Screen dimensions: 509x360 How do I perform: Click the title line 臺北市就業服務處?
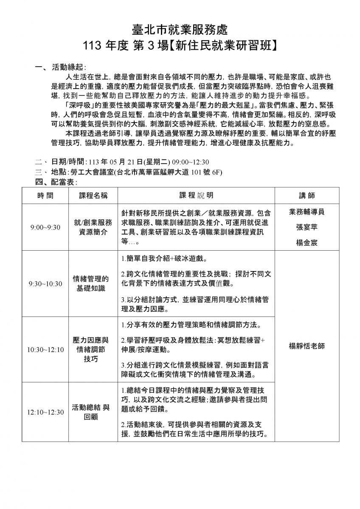click(x=180, y=29)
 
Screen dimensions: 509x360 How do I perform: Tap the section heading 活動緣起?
click(x=68, y=67)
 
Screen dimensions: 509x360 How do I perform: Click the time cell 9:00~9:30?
click(x=45, y=227)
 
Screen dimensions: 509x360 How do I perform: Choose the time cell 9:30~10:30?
click(x=45, y=284)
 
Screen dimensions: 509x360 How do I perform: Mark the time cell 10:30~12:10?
click(x=45, y=350)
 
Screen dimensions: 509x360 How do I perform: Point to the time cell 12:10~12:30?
click(x=45, y=412)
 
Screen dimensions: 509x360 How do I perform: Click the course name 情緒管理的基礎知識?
click(x=91, y=284)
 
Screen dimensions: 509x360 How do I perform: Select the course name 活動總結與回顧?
click(x=91, y=412)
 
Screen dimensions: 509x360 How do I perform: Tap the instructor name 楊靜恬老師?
click(x=307, y=346)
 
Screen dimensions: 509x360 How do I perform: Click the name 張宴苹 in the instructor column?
click(x=307, y=227)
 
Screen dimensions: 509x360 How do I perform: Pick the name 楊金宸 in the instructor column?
click(x=307, y=243)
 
